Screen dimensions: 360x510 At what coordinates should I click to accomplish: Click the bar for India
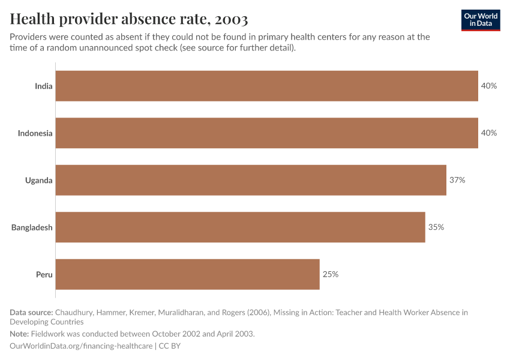(267, 86)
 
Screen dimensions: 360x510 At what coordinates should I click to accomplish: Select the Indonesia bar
(267, 133)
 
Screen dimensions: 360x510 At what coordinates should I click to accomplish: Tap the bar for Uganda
(251, 180)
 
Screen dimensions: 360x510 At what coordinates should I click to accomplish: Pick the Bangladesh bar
(241, 227)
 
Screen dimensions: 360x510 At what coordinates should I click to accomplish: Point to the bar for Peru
(188, 274)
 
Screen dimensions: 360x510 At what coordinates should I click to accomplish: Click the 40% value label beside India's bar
(488, 86)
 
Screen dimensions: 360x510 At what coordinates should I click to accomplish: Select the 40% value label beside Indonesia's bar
(488, 133)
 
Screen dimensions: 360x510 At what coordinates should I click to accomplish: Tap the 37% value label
(457, 180)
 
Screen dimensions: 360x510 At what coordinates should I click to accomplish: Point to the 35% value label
(436, 227)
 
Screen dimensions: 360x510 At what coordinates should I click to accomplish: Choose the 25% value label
(331, 274)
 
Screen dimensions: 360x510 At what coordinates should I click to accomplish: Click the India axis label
(43, 86)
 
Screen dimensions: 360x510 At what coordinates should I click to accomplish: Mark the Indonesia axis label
(35, 133)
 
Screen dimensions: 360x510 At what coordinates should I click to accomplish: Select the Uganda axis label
(38, 180)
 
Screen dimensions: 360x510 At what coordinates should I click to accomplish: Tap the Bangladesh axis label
(32, 227)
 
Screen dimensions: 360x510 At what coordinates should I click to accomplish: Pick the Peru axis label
(44, 274)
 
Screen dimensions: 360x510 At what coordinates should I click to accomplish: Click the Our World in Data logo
(481, 20)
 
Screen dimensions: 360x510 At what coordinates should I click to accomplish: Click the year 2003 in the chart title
(229, 20)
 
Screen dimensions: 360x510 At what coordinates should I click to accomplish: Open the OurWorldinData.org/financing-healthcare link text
(81, 346)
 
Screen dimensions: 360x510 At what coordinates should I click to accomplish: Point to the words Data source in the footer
(31, 312)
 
